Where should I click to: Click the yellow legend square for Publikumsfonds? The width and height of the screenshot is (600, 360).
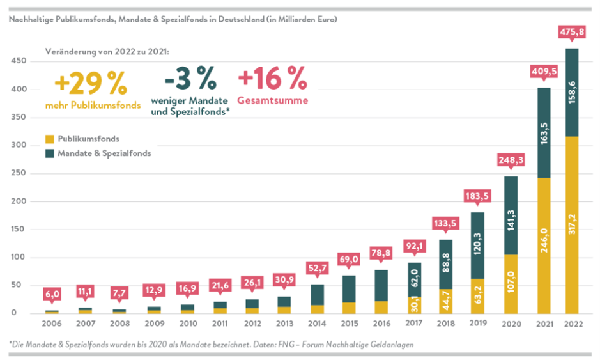click(50, 139)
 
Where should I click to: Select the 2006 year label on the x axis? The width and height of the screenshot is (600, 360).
click(52, 325)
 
